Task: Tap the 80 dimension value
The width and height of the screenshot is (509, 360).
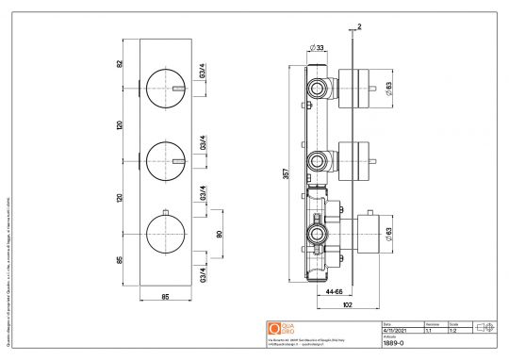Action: click(x=219, y=234)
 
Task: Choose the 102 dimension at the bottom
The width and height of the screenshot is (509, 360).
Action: click(x=348, y=305)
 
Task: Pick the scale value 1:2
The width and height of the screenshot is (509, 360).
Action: click(x=453, y=331)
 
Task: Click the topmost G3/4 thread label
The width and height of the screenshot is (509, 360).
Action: click(x=203, y=70)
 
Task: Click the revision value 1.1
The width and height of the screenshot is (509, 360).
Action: click(x=430, y=331)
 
